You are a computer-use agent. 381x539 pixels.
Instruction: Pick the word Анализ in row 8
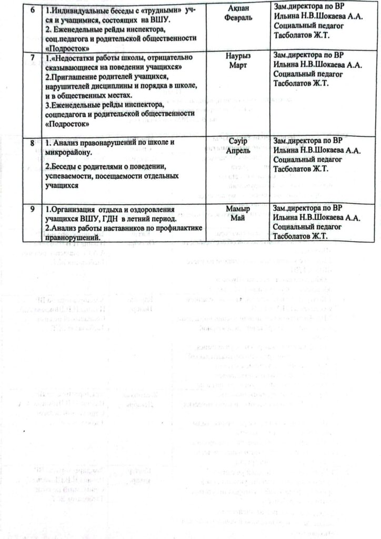point(65,143)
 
